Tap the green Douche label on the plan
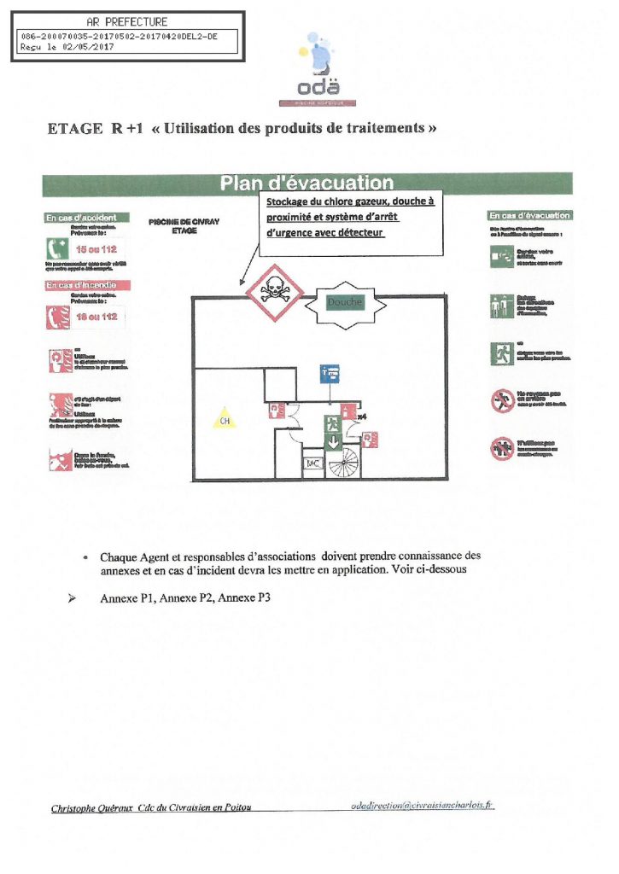pos(344,302)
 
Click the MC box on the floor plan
pos(312,463)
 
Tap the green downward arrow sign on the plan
pos(331,440)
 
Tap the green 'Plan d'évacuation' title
pos(307,183)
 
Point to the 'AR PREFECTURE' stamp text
pos(128,21)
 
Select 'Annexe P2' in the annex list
pos(186,598)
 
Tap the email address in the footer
pos(423,805)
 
